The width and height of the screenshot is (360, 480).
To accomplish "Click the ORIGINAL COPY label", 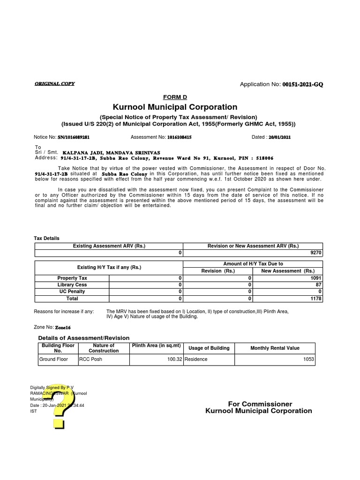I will (x=54, y=84).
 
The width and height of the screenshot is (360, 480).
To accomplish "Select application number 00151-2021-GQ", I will (x=302, y=84).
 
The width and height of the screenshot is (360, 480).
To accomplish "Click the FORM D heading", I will (x=175, y=97).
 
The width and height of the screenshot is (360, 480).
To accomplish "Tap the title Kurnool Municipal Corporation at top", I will (x=175, y=107).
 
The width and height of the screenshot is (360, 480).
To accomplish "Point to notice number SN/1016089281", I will (x=74, y=137).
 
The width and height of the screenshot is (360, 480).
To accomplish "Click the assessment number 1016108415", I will (x=176, y=137).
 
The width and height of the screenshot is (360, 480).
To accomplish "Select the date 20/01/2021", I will (x=280, y=137).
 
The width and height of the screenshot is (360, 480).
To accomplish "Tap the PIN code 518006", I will (x=264, y=158).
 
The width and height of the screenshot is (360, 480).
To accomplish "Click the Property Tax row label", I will (x=72, y=278).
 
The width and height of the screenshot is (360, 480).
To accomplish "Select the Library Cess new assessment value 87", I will (x=319, y=285).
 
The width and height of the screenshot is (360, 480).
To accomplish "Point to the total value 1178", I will (x=316, y=298).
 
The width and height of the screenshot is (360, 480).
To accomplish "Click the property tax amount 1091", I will (x=316, y=278).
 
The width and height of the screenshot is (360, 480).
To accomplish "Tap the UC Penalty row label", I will (x=72, y=292).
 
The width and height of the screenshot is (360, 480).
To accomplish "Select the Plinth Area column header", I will (x=156, y=345).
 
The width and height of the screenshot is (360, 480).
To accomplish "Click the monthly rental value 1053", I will (x=308, y=360).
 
